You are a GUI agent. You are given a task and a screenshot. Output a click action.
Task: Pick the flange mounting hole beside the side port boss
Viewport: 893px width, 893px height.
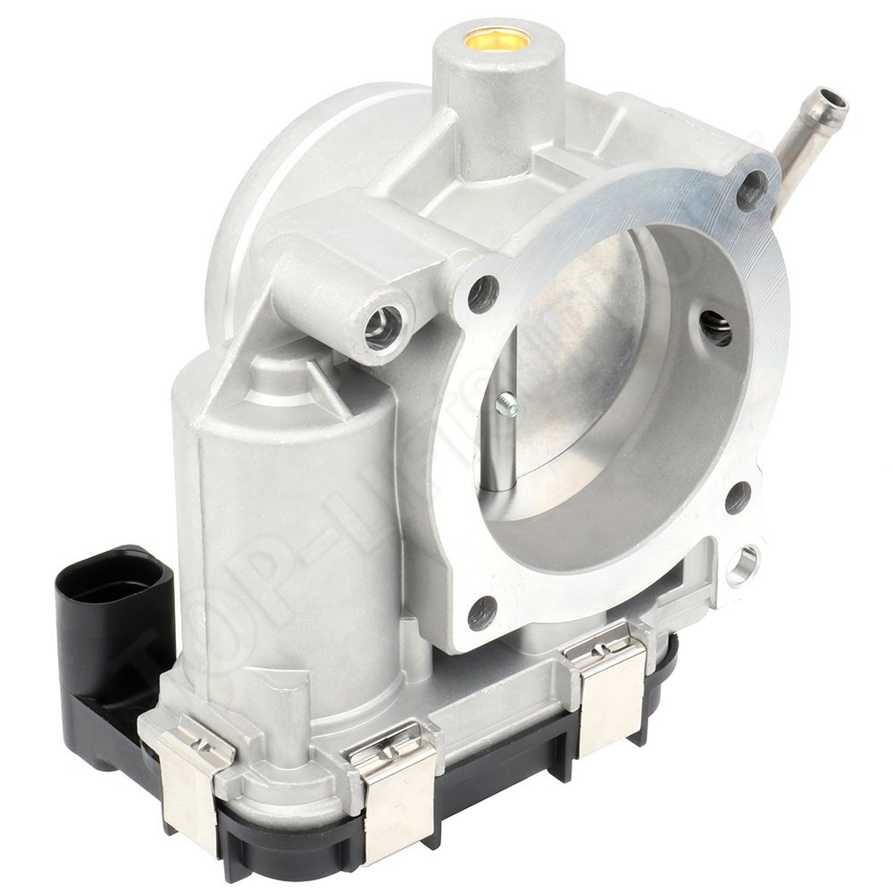click(x=482, y=291)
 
